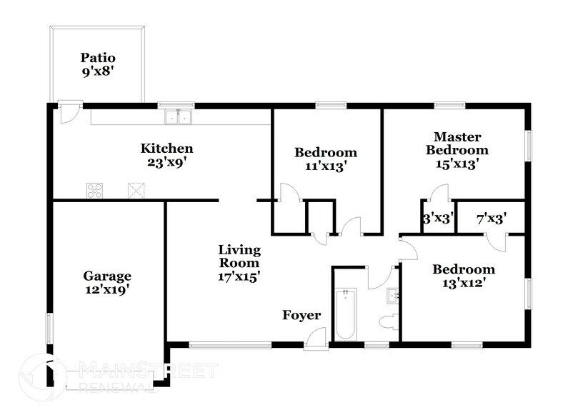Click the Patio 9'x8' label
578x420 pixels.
[98, 64]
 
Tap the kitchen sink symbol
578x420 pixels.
[179, 118]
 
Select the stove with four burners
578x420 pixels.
[94, 190]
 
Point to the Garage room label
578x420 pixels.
[107, 276]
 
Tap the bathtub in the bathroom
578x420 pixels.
[345, 314]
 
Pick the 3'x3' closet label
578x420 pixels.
[438, 219]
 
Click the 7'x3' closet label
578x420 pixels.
[491, 219]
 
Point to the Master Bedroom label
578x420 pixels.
[457, 143]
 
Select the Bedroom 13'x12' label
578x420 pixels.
[464, 276]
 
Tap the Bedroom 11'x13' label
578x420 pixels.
[325, 159]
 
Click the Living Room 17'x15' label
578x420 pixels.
[239, 263]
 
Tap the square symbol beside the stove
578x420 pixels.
[136, 190]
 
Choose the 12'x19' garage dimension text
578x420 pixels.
[107, 290]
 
